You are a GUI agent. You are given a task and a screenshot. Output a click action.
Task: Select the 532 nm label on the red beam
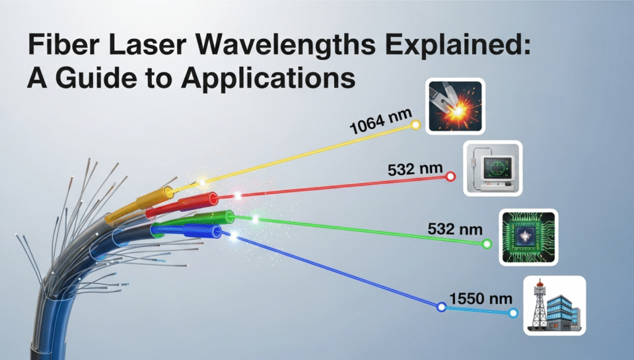411,169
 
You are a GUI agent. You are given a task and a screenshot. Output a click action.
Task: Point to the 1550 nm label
476,299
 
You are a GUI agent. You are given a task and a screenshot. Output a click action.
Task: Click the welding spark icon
455,106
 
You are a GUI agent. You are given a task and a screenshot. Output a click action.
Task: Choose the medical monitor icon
493,168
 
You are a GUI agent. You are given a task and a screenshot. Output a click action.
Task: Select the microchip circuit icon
528,238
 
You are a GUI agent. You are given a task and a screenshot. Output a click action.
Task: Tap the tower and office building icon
554,306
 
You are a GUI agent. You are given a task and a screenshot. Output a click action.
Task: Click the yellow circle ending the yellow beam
416,124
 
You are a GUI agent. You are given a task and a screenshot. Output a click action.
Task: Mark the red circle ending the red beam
450,177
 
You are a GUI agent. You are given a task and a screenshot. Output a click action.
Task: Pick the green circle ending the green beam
487,244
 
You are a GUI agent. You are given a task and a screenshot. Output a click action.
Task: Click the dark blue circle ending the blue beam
441,306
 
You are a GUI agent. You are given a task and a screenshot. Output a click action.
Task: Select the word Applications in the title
269,79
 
